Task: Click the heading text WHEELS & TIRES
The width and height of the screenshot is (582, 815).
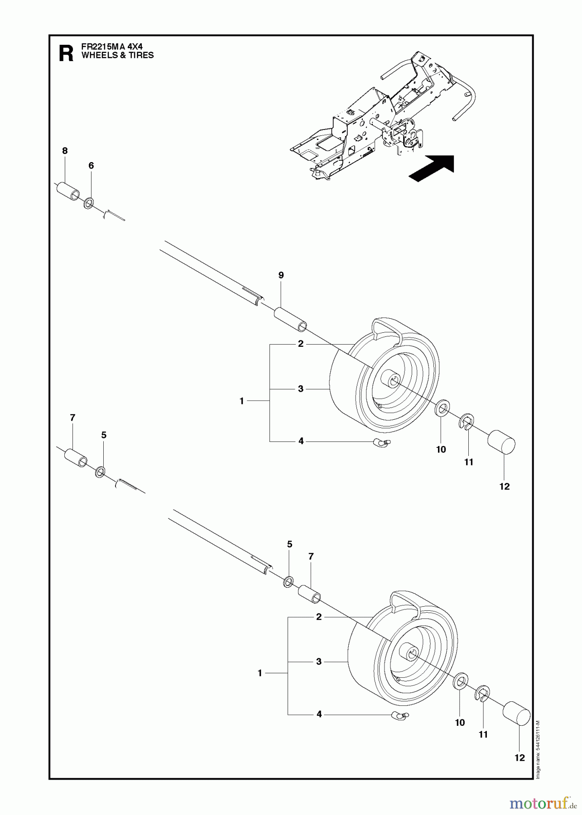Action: coord(117,56)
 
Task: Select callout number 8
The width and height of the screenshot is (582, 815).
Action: coord(65,151)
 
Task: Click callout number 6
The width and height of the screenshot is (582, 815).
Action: coord(91,166)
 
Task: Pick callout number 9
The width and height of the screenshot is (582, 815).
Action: coord(281,275)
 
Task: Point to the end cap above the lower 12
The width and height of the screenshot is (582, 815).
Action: coord(517,716)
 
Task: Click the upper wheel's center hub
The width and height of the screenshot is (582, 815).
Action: coord(390,380)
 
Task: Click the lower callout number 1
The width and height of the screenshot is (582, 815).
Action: coord(260,673)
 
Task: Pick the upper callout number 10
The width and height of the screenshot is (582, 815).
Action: coord(441,449)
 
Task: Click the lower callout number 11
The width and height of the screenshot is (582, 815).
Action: coord(483,734)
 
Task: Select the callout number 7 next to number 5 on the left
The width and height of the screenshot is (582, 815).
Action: coord(72,418)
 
